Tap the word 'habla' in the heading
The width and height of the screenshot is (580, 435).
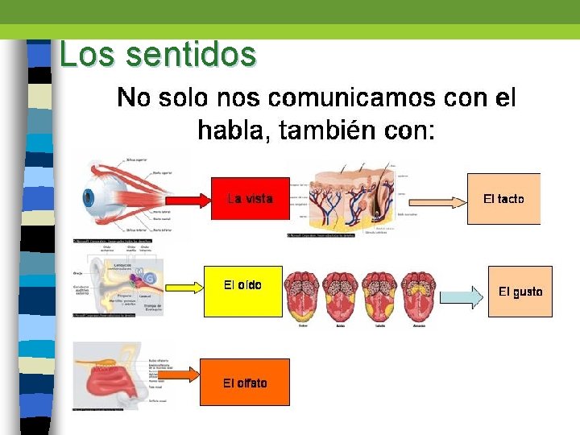pyautogui.click(x=233, y=130)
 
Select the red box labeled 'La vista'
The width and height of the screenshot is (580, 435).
pyautogui.click(x=250, y=198)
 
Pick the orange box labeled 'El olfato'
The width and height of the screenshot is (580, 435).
pyautogui.click(x=245, y=382)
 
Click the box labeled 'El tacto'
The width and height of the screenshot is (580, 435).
pyautogui.click(x=503, y=198)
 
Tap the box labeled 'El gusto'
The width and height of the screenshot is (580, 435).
pyautogui.click(x=520, y=291)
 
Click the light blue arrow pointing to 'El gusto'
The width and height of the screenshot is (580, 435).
pyautogui.click(x=459, y=298)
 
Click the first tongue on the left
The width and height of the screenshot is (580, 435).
pyautogui.click(x=303, y=296)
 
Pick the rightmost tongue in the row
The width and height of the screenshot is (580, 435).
pyautogui.click(x=419, y=296)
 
